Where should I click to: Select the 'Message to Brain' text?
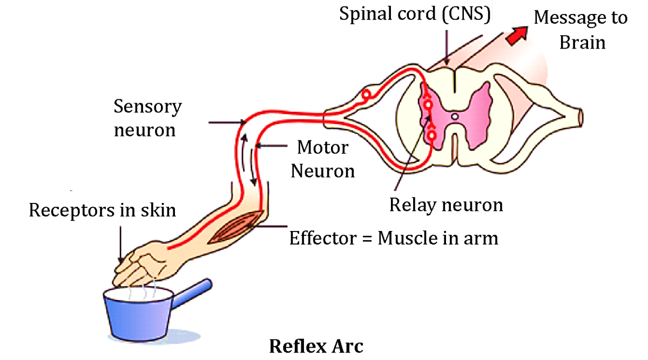581,30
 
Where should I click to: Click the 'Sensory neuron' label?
147,118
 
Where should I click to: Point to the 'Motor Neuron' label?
323,159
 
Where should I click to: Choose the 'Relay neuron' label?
446,205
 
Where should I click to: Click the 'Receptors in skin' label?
103,210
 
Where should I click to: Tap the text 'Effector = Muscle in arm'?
394,238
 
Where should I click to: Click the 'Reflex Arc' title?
316,346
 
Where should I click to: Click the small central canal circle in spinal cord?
455,116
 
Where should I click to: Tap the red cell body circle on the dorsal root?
367,96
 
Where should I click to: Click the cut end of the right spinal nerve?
580,115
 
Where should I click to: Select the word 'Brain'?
582,42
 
